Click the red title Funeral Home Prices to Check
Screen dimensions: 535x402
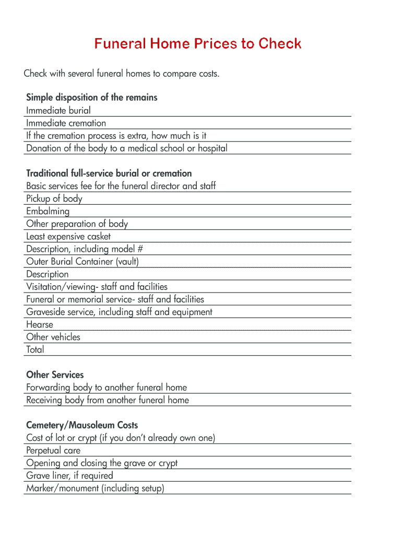(198, 43)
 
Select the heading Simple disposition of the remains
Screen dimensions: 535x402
(91, 98)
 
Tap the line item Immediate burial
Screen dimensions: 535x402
(58, 110)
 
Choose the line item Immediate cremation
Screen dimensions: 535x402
(66, 123)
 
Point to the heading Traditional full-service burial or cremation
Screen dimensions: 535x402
(109, 173)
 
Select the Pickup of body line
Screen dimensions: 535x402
(54, 199)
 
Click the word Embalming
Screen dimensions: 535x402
(48, 212)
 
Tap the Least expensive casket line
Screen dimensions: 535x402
(68, 237)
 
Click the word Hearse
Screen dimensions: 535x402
(40, 324)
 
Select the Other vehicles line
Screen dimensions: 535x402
(53, 337)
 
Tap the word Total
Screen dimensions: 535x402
(35, 350)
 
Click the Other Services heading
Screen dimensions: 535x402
(55, 375)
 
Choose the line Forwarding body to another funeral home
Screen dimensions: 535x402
(107, 388)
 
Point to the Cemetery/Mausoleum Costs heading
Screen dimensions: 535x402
(82, 425)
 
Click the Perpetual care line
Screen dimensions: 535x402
(53, 450)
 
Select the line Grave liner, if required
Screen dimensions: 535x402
(69, 475)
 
